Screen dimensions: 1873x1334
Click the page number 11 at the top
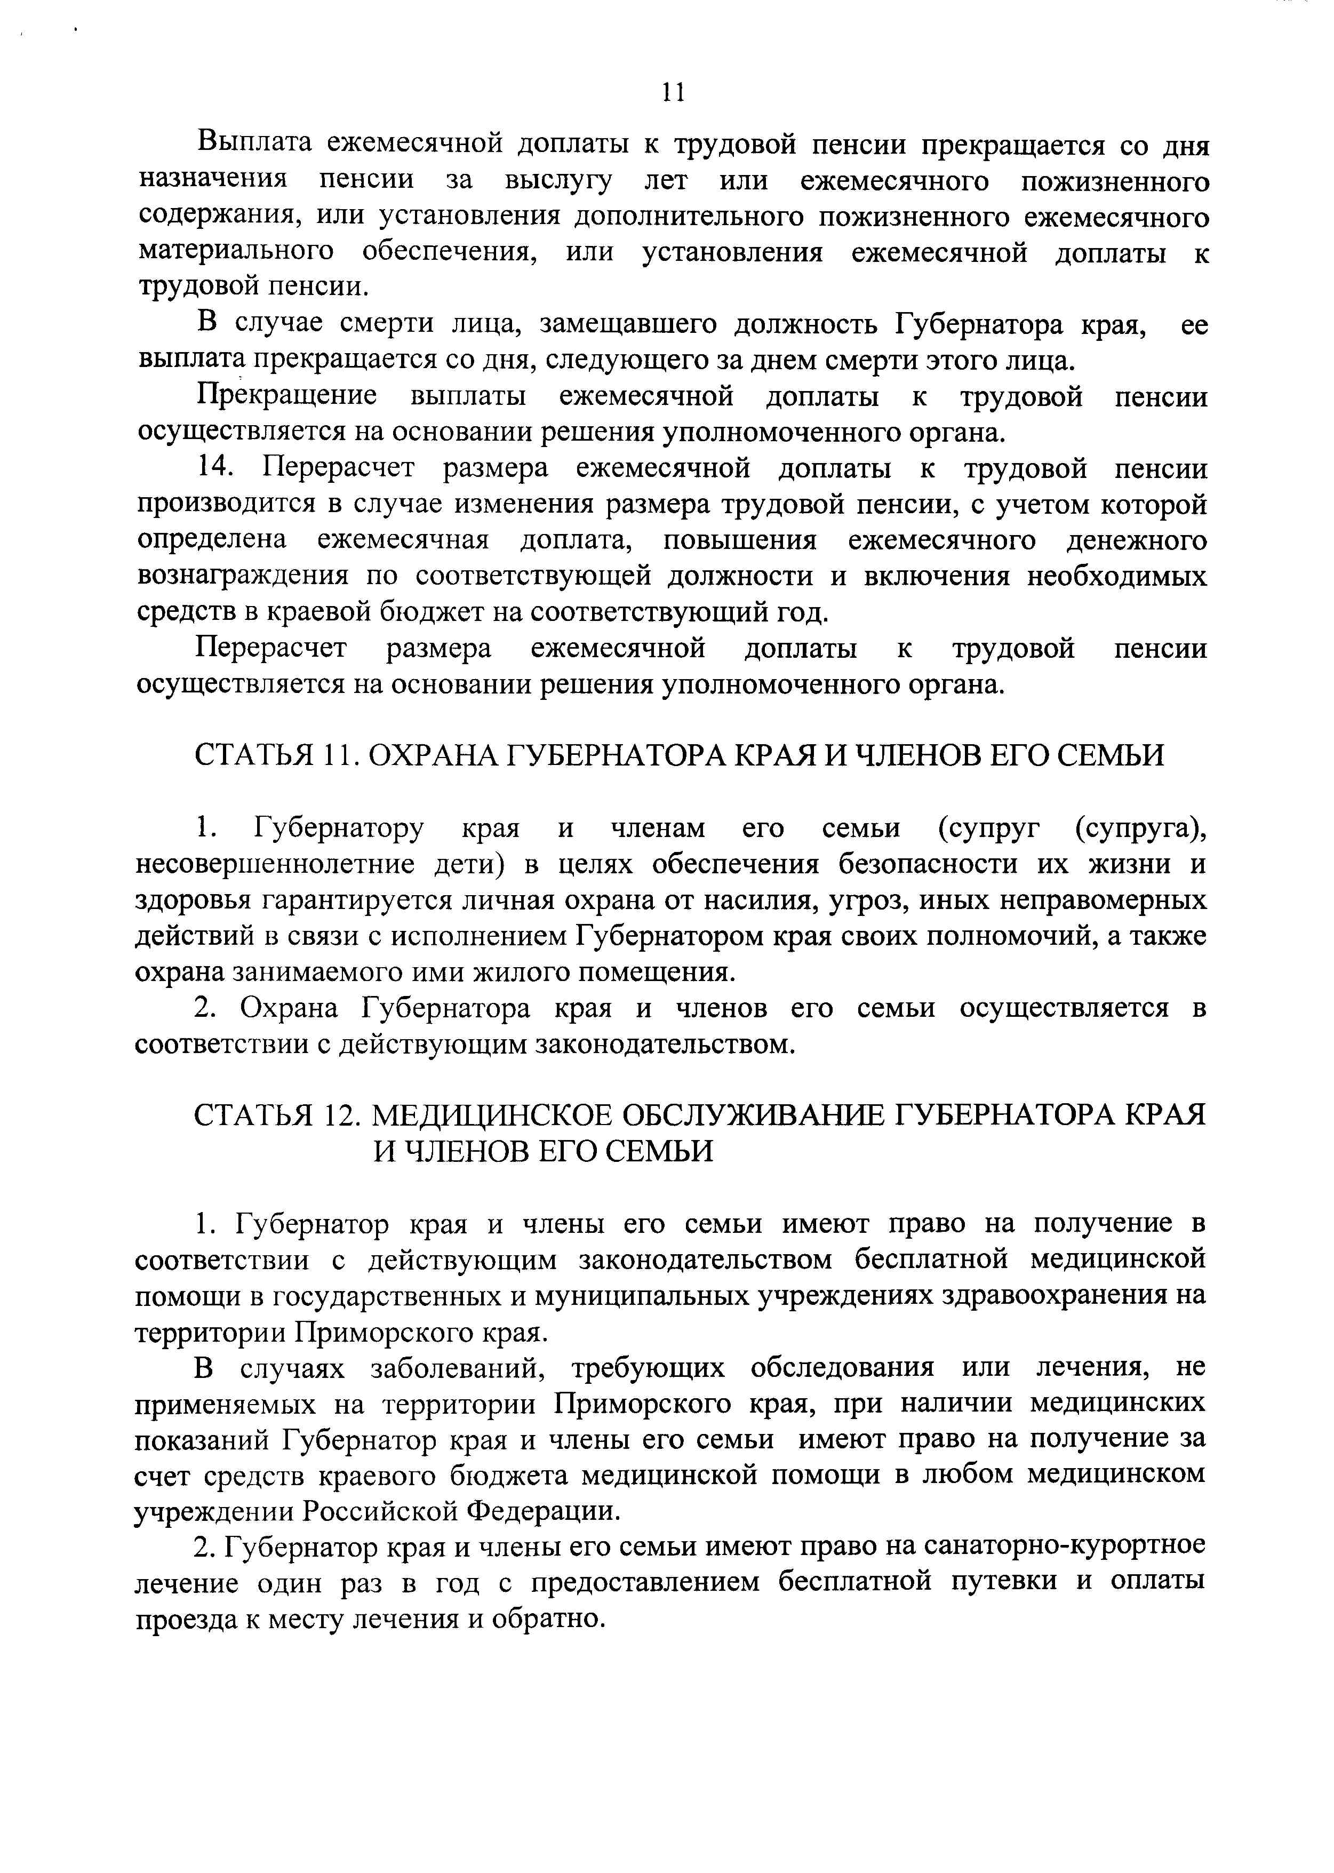pyautogui.click(x=673, y=93)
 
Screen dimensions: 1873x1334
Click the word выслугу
pyautogui.click(x=558, y=180)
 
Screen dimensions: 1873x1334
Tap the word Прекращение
pyautogui.click(x=286, y=397)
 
